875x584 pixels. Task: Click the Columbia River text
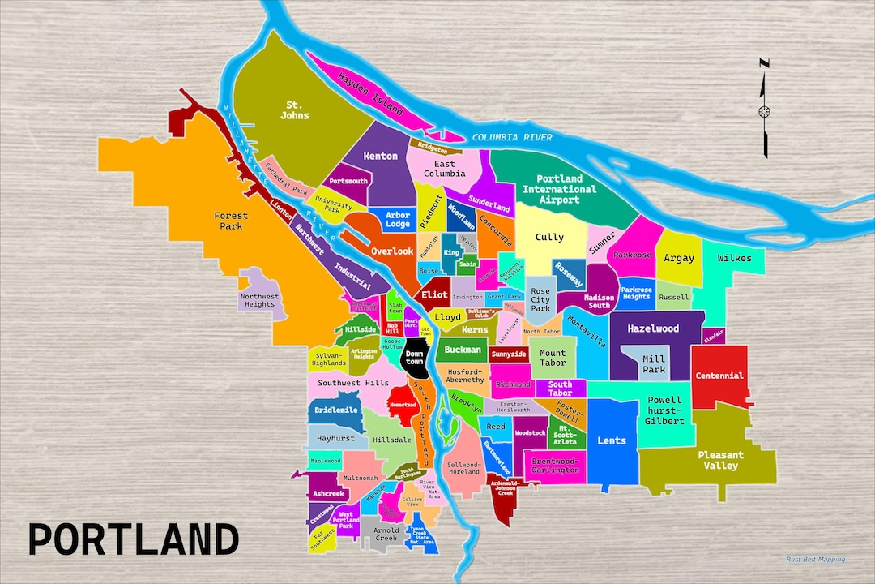click(x=512, y=137)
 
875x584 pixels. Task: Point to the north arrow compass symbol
click(x=764, y=109)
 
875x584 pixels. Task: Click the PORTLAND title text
click(x=134, y=539)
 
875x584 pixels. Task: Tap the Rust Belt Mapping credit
click(x=815, y=559)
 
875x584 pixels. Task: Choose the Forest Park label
click(x=231, y=221)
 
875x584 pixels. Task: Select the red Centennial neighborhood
click(x=719, y=376)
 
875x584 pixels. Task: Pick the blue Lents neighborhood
click(x=612, y=440)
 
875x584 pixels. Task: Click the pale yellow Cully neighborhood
click(x=549, y=238)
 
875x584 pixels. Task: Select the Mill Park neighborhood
click(x=653, y=364)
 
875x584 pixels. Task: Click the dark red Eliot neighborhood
click(x=434, y=295)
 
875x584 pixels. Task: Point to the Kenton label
click(x=381, y=156)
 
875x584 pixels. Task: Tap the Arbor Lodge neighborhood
click(x=398, y=219)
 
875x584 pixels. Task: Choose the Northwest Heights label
click(x=259, y=300)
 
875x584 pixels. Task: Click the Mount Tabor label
click(x=553, y=358)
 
